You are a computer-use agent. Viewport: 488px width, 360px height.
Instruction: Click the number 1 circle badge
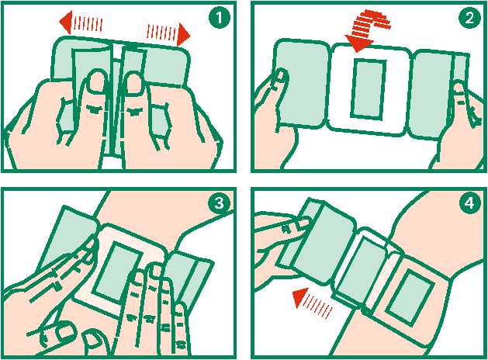pos(220,17)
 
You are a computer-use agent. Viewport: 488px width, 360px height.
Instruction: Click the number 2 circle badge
pos(470,17)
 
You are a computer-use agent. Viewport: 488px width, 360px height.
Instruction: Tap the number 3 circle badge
pos(220,203)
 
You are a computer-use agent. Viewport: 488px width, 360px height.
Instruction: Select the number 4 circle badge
pos(470,203)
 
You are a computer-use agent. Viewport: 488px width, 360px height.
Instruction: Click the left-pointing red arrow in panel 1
pos(81,22)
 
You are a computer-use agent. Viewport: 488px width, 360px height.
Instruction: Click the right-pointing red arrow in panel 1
pos(168,33)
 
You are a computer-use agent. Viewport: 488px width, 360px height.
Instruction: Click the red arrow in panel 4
pos(313,303)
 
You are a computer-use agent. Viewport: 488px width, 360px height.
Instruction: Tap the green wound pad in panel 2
pos(369,89)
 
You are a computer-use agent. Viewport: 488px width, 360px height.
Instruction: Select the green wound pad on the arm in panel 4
pos(410,298)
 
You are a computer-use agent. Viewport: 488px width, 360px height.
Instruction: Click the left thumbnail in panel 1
pos(96,81)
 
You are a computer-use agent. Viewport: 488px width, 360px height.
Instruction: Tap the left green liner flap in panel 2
pos(301,83)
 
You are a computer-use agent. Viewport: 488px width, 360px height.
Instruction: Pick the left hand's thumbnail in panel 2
pos(280,75)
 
